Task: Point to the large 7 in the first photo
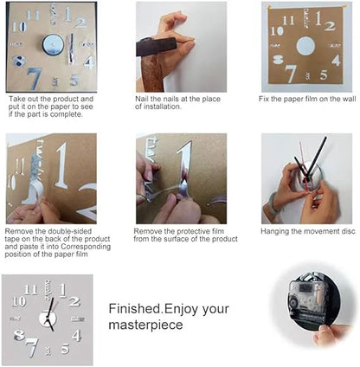[x=35, y=78]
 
